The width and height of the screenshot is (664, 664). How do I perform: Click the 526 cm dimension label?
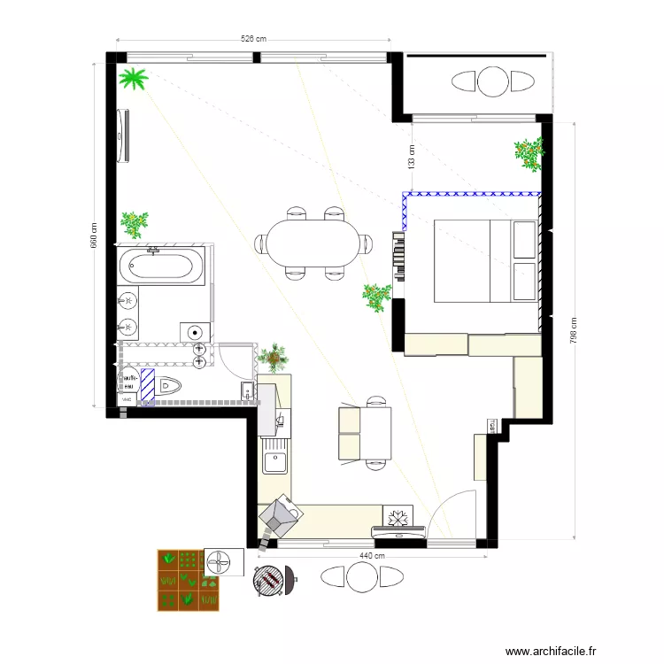[253, 39]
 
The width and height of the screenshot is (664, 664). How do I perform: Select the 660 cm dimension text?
[94, 235]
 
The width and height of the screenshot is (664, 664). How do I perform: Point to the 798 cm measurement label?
[573, 331]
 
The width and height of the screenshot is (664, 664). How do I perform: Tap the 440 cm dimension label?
[370, 556]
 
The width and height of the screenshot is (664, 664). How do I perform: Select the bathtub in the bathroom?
[164, 266]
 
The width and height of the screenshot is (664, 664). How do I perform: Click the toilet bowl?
[169, 386]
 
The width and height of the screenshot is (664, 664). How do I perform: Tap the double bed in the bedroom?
[485, 261]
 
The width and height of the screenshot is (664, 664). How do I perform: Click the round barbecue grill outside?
[268, 580]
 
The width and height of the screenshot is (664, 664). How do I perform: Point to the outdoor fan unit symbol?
[222, 561]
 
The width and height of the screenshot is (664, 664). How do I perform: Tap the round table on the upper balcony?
[493, 81]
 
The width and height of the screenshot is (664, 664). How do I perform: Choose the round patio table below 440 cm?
[362, 577]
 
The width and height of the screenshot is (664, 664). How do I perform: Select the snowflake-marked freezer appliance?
[396, 515]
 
